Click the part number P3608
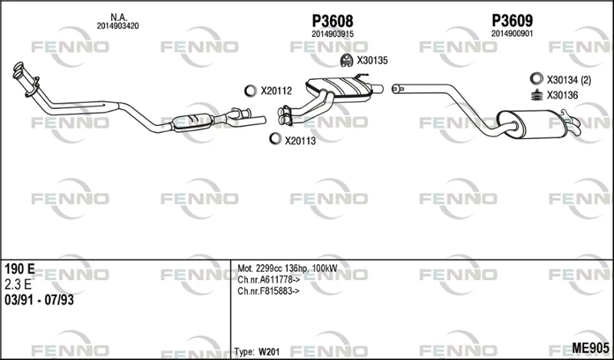[x=332, y=21]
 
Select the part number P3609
[x=512, y=21]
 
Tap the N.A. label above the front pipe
[x=118, y=17]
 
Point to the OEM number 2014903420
[x=118, y=26]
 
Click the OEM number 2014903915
[x=332, y=34]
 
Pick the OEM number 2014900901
[x=512, y=34]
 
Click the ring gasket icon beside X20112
[x=250, y=91]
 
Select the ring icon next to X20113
[x=276, y=138]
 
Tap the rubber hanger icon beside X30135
[x=346, y=61]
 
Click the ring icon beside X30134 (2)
[x=536, y=78]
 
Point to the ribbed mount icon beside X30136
[x=536, y=95]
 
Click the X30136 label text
[x=563, y=95]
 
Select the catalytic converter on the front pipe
[x=193, y=121]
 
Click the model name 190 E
[x=20, y=269]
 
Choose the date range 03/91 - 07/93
[x=39, y=300]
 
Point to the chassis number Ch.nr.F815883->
[x=269, y=291]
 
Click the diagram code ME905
[x=590, y=348]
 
